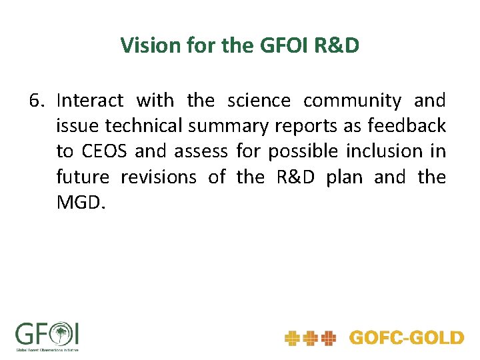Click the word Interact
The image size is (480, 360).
point(90,101)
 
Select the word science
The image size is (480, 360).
point(259,101)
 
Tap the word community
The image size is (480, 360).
point(352,101)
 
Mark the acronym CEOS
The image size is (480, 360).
point(105,151)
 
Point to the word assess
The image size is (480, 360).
point(202,151)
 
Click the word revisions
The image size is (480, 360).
point(159,177)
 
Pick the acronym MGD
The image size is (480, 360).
point(80,203)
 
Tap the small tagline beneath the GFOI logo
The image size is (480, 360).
point(47,349)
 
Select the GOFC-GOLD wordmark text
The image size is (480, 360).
point(406,338)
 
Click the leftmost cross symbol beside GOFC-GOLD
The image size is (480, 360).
point(292,339)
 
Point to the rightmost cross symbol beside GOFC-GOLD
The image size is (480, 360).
point(328,339)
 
